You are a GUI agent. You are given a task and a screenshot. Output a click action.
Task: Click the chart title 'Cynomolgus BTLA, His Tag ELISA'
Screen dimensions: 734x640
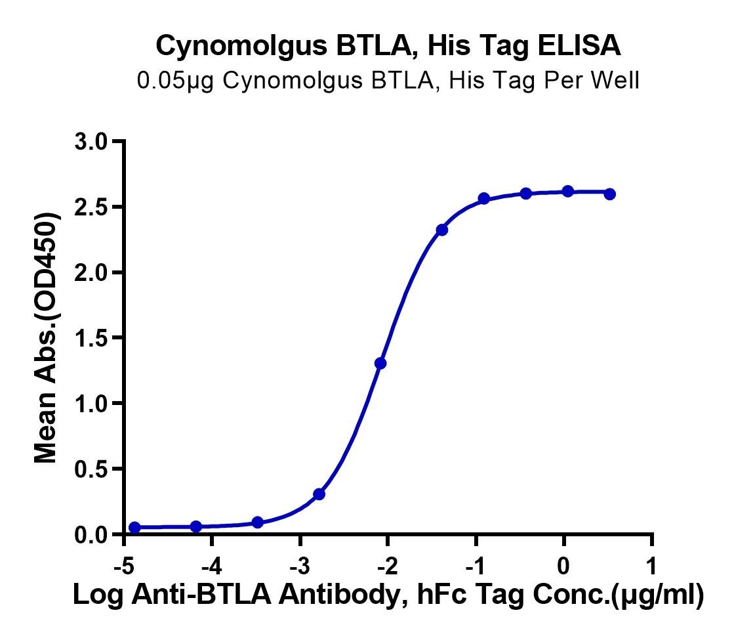(x=388, y=47)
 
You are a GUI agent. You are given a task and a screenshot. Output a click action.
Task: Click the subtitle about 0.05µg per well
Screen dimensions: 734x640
(x=388, y=81)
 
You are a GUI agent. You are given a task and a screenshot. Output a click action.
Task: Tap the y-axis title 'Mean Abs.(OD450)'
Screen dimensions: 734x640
(x=47, y=337)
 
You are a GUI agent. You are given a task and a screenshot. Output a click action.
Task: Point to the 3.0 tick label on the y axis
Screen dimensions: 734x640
(x=91, y=142)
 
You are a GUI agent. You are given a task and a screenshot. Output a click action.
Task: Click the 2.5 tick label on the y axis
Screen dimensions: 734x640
(x=91, y=207)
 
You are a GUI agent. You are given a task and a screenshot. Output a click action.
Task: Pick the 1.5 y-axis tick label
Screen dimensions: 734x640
(x=91, y=338)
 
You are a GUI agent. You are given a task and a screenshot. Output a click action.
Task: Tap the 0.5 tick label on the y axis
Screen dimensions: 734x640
(x=91, y=469)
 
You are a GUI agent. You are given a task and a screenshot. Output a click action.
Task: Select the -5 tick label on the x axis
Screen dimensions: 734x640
(x=124, y=566)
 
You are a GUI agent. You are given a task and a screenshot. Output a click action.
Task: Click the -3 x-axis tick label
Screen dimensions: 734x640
(x=300, y=566)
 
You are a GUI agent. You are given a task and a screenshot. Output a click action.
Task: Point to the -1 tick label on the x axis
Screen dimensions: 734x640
(x=476, y=566)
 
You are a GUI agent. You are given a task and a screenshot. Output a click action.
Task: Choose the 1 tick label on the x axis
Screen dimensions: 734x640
(x=651, y=566)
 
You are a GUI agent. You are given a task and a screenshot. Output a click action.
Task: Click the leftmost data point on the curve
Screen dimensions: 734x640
(x=134, y=528)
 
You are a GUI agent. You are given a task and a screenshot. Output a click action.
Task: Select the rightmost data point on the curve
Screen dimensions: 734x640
(x=609, y=194)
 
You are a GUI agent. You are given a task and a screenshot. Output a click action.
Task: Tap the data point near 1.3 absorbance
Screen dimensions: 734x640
(x=380, y=363)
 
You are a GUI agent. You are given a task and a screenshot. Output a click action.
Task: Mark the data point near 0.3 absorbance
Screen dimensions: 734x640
(x=319, y=494)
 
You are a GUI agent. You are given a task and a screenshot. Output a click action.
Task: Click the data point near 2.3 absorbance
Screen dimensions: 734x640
(x=442, y=230)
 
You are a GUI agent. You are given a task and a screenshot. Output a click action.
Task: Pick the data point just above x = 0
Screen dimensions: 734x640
(x=568, y=191)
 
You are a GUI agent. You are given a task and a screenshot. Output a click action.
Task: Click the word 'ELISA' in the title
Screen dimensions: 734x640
(x=579, y=45)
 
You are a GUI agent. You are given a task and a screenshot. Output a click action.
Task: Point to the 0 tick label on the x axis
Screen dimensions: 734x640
(x=563, y=566)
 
